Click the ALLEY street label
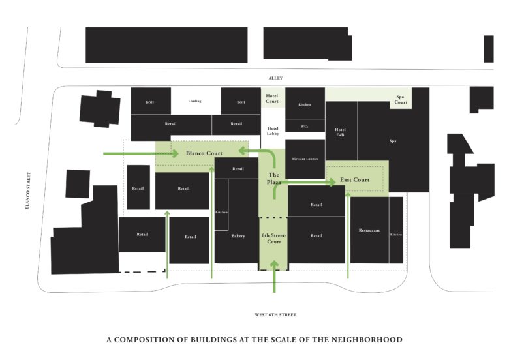(x=275, y=78)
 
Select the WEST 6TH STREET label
(x=275, y=315)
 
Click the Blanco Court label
(x=204, y=153)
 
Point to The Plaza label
(x=274, y=179)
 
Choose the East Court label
(x=354, y=180)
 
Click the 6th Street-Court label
(x=273, y=238)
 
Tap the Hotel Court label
(x=272, y=98)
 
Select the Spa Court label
(x=401, y=100)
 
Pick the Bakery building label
(x=238, y=236)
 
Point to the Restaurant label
(x=369, y=231)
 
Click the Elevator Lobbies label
(x=305, y=158)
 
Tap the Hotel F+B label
(x=340, y=132)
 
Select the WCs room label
(x=305, y=127)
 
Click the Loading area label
(x=194, y=102)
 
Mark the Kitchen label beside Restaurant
(x=396, y=234)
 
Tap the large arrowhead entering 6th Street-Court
(x=274, y=265)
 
